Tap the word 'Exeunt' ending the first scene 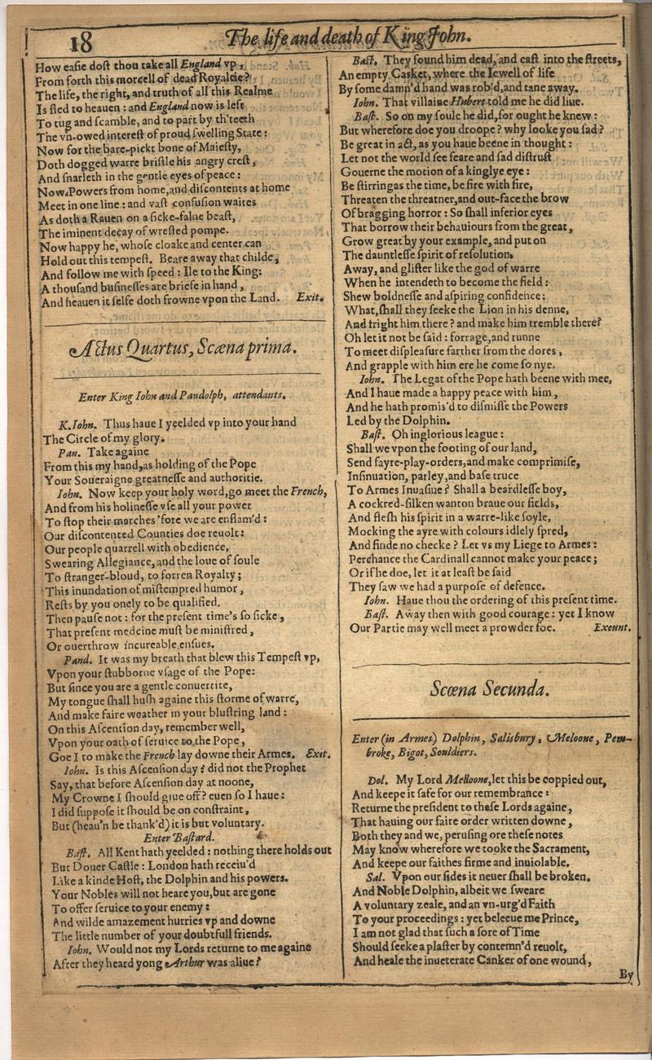coord(611,627)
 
